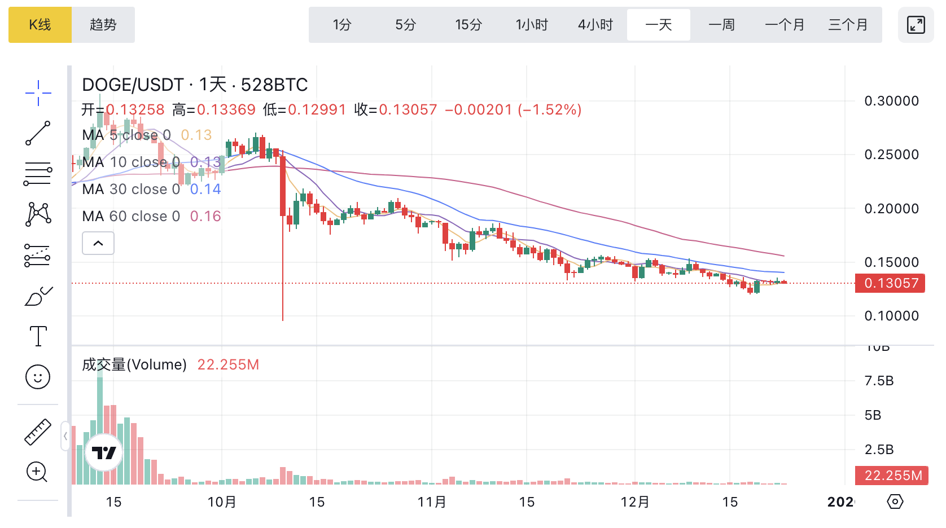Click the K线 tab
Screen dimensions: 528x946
point(40,25)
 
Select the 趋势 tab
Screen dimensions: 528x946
point(103,25)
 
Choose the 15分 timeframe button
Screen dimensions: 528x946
point(468,25)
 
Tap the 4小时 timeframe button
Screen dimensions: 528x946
point(595,25)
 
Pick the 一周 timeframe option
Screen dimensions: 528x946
point(721,25)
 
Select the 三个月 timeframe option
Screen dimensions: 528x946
point(848,25)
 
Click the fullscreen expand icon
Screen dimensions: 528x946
point(916,25)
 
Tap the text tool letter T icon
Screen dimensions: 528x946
point(38,336)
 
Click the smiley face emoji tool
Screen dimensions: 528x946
point(38,376)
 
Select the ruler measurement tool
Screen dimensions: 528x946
point(38,432)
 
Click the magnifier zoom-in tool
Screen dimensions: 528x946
point(37,472)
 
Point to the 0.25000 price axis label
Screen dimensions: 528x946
point(891,155)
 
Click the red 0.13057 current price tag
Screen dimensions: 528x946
point(890,283)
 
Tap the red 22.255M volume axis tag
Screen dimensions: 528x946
point(890,476)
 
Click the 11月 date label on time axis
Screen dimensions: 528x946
point(432,502)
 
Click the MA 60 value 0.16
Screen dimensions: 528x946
point(205,216)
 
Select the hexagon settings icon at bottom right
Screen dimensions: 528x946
point(895,501)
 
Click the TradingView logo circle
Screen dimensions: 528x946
point(104,452)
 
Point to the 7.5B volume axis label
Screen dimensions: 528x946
point(879,381)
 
